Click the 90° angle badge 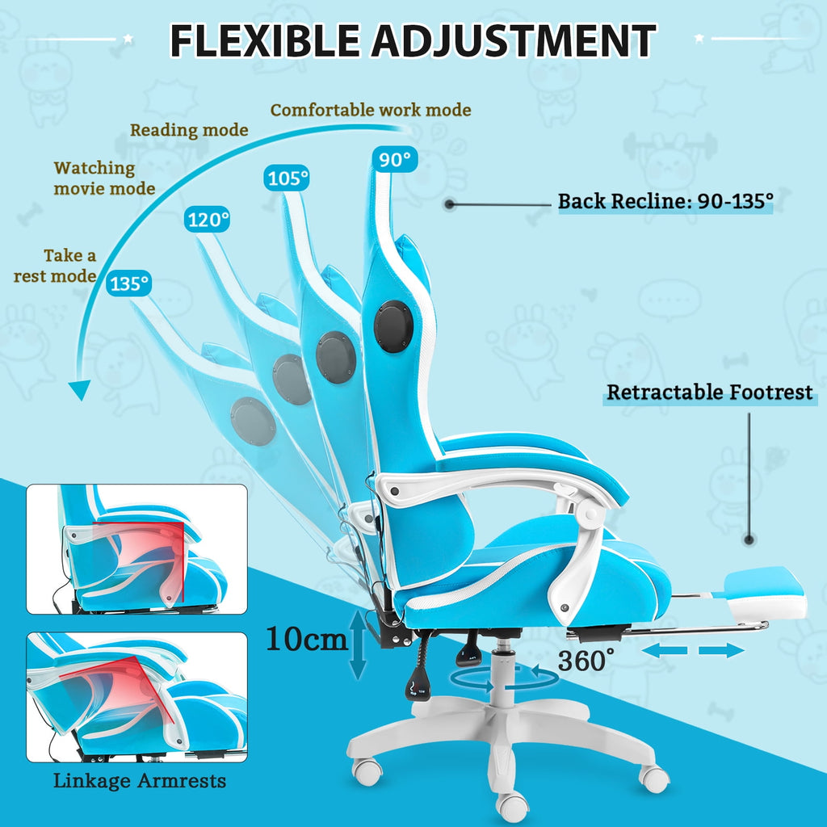(395, 160)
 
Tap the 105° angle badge (288, 178)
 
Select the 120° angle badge (208, 219)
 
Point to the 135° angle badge (130, 283)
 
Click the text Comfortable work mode (371, 110)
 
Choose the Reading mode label (189, 129)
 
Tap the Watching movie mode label (103, 178)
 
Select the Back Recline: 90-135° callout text (665, 201)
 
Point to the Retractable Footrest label (710, 393)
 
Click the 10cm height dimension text (307, 640)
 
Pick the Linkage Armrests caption (140, 781)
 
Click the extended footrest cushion (764, 592)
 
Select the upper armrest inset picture (136, 549)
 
